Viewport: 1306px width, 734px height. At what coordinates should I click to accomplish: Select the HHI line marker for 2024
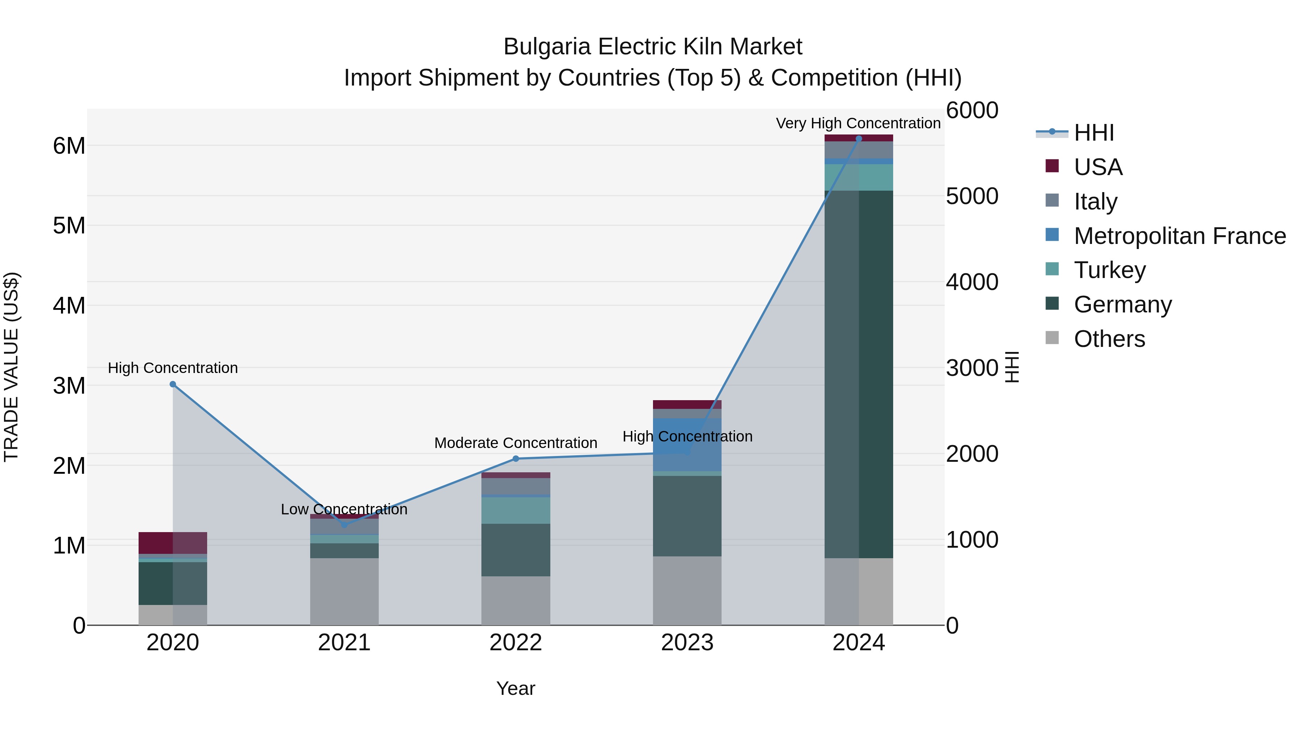coord(859,139)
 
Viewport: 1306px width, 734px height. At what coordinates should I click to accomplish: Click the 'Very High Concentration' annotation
coord(858,124)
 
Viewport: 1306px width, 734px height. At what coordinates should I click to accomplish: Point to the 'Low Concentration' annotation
coord(344,510)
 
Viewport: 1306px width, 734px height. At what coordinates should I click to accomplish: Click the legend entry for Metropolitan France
coord(1179,236)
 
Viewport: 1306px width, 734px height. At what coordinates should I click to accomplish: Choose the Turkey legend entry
coord(1109,270)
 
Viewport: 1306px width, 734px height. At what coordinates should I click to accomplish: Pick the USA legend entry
coord(1098,167)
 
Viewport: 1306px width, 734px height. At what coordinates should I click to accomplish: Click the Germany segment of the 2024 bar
coord(859,375)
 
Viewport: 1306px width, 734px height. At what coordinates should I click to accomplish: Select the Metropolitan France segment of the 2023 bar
coord(687,445)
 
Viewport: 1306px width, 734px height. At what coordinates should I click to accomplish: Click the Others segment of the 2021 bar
coord(344,592)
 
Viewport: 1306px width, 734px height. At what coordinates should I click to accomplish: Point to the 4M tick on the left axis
coord(69,306)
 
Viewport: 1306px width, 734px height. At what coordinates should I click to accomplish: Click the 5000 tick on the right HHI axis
coord(972,196)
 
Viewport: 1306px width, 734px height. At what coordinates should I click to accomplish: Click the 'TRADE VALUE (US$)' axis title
coord(11,367)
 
